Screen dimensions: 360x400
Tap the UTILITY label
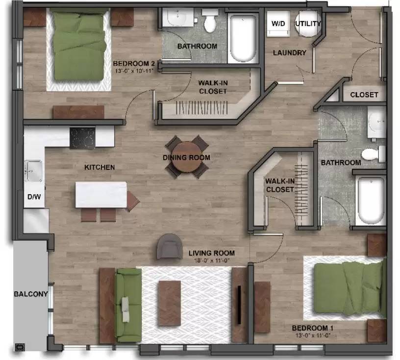pos(308,24)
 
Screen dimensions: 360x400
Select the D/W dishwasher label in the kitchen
pos(34,197)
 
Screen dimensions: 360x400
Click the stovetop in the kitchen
pos(82,137)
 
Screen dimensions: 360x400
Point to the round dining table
pos(187,157)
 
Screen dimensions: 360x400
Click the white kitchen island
pos(101,195)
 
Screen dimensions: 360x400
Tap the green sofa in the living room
pos(128,305)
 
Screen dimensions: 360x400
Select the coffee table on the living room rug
pos(169,303)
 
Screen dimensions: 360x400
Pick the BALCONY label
pos(30,294)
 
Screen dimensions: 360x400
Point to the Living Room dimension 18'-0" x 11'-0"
pos(212,261)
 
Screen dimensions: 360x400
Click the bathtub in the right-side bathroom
pos(371,200)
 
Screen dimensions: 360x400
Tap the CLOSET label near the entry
pos(364,95)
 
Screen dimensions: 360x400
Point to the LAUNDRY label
pos(289,53)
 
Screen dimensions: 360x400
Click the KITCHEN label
pos(100,167)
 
